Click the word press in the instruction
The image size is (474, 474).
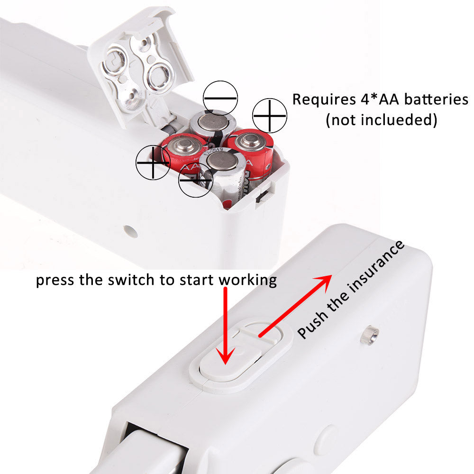coord(54,280)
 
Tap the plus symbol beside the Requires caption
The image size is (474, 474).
coord(269,116)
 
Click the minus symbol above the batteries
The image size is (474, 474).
coord(220,98)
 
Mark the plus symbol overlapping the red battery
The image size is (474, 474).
coord(153,162)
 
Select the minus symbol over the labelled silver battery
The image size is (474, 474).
coord(196,180)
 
